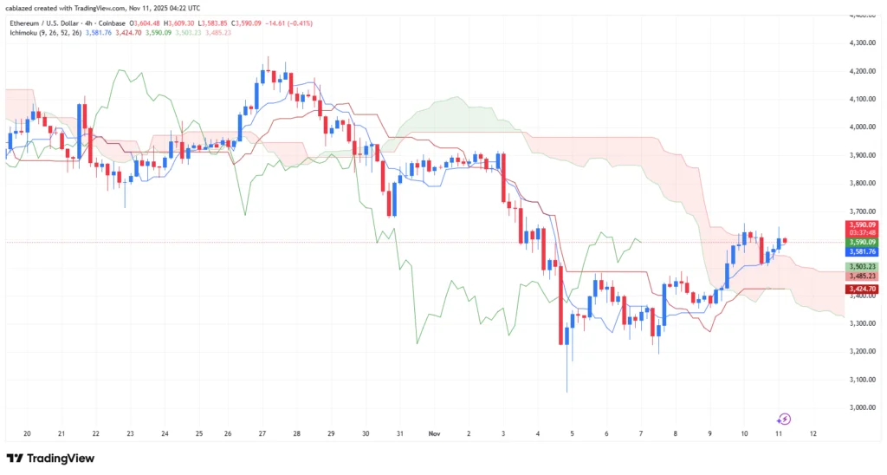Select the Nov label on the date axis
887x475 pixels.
(434, 433)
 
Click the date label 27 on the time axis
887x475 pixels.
(262, 433)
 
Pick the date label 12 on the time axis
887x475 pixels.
(813, 433)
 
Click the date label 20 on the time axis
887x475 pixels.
(27, 433)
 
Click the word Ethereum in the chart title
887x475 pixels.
(25, 22)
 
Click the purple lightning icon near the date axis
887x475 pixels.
(785, 419)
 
